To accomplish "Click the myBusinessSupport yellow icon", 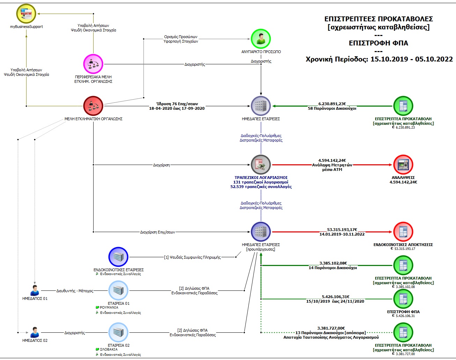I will [x=26, y=14].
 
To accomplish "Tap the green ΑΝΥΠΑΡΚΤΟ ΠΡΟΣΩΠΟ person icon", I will [x=261, y=39].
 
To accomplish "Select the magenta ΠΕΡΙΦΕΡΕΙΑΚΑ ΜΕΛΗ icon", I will [x=93, y=64].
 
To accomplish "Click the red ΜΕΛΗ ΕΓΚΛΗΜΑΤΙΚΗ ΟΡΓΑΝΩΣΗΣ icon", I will [x=93, y=106].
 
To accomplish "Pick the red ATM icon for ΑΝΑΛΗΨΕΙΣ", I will [x=403, y=164].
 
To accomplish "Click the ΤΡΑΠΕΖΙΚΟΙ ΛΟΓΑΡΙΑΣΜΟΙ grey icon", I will [x=261, y=164].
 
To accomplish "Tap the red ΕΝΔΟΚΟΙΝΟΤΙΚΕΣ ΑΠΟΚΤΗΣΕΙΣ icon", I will [x=403, y=231].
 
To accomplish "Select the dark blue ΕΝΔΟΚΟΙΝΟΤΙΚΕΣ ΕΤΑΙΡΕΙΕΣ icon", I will [x=118, y=257].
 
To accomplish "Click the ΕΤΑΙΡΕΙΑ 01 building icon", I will [x=118, y=290].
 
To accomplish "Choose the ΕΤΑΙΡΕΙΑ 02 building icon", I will [x=118, y=332].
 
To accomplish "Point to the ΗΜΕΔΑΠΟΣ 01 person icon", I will [x=35, y=290].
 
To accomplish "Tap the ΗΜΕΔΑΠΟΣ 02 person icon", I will [x=35, y=332].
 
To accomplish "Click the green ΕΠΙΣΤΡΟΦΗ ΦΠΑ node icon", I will [x=403, y=299].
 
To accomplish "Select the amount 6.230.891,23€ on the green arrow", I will [x=332, y=104].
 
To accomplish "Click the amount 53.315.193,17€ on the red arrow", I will [x=342, y=230].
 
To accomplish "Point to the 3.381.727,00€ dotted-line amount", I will [x=331, y=328].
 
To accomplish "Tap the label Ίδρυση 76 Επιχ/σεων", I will [x=177, y=104].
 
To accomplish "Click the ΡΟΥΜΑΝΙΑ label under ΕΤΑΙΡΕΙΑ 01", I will [x=109, y=308].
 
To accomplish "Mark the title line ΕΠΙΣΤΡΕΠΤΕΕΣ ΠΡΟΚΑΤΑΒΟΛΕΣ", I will [x=378, y=19].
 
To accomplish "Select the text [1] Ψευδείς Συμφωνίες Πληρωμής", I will [x=192, y=257].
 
